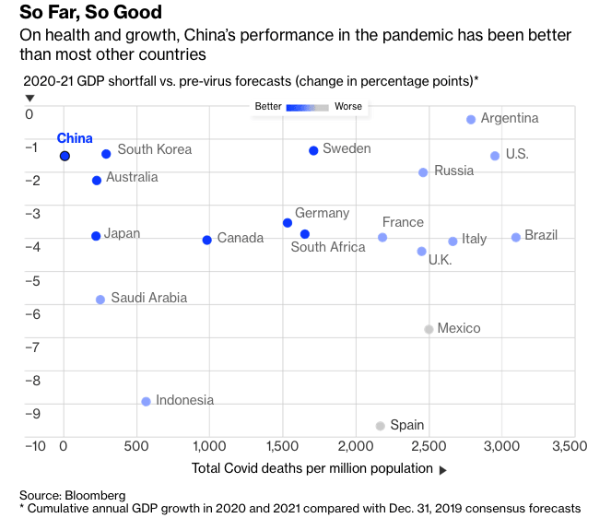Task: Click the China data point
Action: tap(65, 156)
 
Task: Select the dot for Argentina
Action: tap(471, 120)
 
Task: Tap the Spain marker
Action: tap(380, 426)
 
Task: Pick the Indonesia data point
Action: tap(146, 402)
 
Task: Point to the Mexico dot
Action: tap(429, 329)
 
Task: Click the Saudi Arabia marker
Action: tap(100, 300)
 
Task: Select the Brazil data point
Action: tap(516, 238)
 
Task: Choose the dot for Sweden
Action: tap(313, 150)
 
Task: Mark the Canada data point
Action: tap(206, 240)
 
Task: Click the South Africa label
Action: tap(327, 247)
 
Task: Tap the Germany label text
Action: tap(322, 214)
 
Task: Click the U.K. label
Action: tap(440, 261)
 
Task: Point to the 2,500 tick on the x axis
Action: tap(429, 446)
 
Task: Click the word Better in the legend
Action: tap(268, 107)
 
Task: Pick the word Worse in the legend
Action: tap(347, 107)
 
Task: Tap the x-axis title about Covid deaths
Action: tap(312, 468)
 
